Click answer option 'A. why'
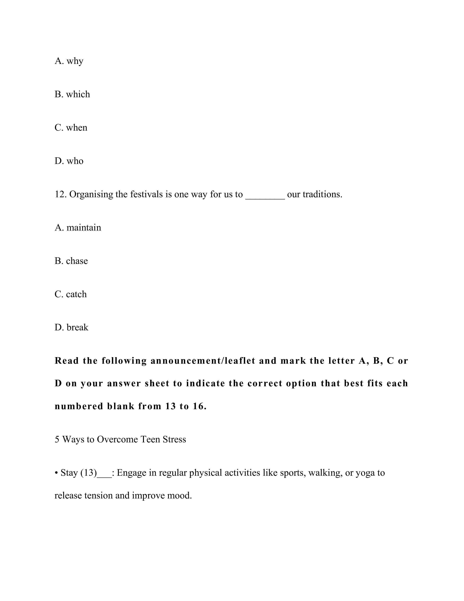[x=69, y=61]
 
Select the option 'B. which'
[x=72, y=94]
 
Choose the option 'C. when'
[x=71, y=128]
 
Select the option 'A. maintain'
[x=78, y=228]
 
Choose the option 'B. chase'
[x=71, y=261]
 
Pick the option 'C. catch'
[x=71, y=294]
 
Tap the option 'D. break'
[x=72, y=327]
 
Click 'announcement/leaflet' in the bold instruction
[x=203, y=361]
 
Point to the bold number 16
[x=199, y=406]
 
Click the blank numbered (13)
[x=104, y=474]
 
